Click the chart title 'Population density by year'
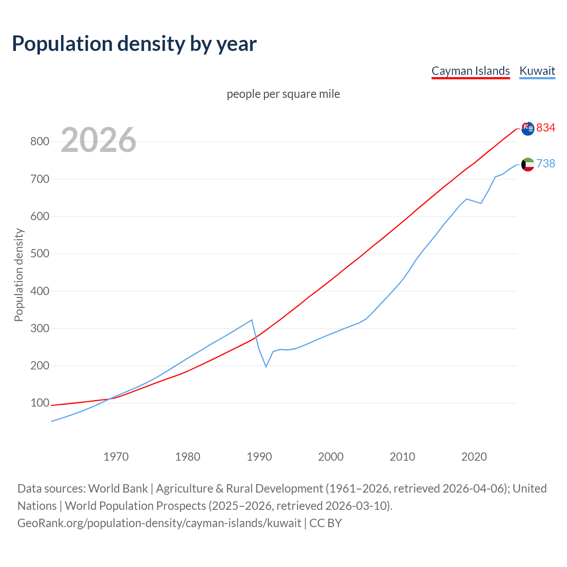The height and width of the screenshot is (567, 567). [x=134, y=43]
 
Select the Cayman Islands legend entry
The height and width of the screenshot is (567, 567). [x=470, y=71]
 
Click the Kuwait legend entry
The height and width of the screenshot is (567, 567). [x=537, y=71]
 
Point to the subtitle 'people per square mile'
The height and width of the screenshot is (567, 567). [x=283, y=94]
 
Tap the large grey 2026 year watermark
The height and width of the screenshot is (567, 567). [x=98, y=140]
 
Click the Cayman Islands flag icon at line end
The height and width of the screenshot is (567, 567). [x=528, y=128]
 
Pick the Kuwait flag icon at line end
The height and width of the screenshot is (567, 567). [x=528, y=164]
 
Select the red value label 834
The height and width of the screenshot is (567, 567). [x=546, y=128]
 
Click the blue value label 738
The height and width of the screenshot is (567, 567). [x=546, y=163]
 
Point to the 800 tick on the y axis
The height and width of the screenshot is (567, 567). [x=39, y=142]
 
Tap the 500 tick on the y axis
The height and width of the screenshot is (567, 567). [x=39, y=254]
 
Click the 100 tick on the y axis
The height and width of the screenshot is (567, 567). [x=39, y=403]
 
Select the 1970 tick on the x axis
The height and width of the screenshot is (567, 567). [x=116, y=457]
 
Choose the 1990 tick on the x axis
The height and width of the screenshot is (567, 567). [x=259, y=457]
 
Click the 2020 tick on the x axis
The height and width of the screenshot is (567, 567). [x=474, y=457]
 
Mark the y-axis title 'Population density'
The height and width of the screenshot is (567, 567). [x=19, y=275]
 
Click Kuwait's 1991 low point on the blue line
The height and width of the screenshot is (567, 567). [x=266, y=367]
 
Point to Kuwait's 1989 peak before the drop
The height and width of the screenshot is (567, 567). [x=252, y=320]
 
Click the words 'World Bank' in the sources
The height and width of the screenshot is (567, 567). [x=118, y=488]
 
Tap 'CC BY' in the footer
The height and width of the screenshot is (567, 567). [x=326, y=523]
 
